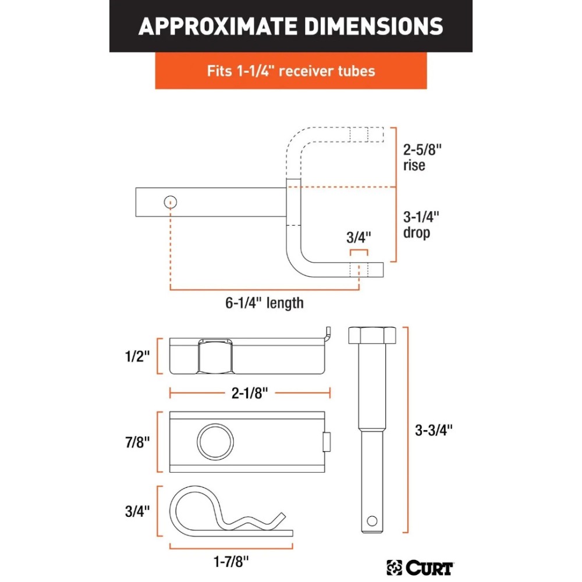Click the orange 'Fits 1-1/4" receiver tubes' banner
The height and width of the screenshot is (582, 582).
click(x=290, y=71)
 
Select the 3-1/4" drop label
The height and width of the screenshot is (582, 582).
click(x=421, y=225)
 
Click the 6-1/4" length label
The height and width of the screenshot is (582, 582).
click(x=264, y=303)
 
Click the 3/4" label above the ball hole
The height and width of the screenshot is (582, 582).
click(x=359, y=237)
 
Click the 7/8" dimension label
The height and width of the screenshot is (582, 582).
click(x=137, y=442)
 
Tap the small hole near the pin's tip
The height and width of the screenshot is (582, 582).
click(x=372, y=517)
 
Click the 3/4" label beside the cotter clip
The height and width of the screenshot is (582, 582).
click(x=137, y=511)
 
